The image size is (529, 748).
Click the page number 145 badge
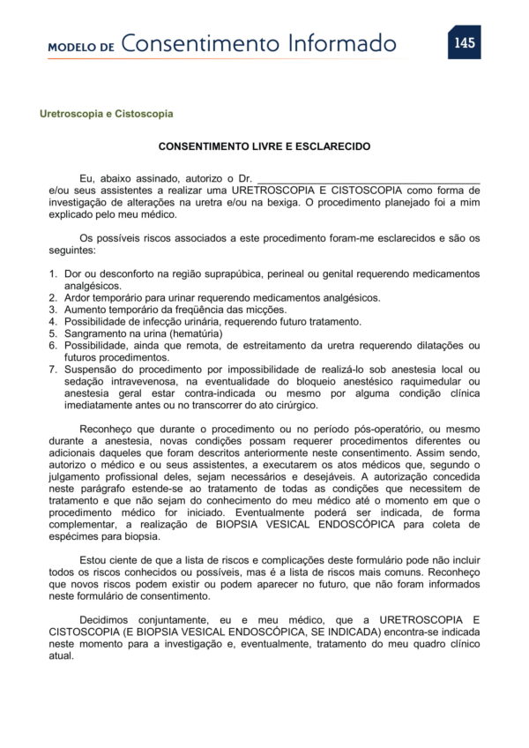[464, 43]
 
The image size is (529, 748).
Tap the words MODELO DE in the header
[81, 47]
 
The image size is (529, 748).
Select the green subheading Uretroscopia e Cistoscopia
[106, 115]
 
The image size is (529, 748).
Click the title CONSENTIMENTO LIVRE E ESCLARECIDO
[264, 147]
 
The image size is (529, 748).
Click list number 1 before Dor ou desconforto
[53, 274]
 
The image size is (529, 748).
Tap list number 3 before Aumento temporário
[53, 310]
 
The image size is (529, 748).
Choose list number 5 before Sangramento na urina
[53, 333]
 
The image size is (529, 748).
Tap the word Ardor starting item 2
[79, 298]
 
